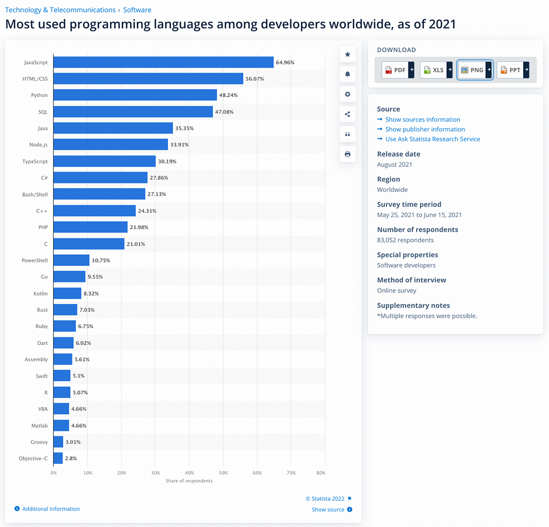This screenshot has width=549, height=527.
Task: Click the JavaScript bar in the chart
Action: pos(164,62)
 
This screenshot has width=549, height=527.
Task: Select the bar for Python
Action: pos(135,95)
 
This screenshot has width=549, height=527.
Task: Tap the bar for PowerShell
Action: pos(71,260)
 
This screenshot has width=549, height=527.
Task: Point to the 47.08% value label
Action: pos(225,112)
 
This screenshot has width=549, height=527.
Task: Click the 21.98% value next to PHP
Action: pos(139,227)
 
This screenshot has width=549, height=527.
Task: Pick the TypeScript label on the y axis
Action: pos(35,162)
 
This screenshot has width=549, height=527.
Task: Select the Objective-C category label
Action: pos(33,458)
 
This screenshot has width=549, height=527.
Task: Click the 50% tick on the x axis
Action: pos(223,473)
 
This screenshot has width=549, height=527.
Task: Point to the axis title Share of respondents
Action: pos(189,481)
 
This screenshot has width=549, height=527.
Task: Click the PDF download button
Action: pos(397,70)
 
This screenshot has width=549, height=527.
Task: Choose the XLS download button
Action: pos(436,70)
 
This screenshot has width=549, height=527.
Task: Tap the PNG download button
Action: pos(475,70)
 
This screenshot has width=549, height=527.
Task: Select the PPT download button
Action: pos(513,70)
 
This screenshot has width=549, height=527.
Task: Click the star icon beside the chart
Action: pos(348,54)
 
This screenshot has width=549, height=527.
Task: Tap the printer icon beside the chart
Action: pos(348,154)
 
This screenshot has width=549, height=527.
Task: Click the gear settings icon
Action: pos(348,95)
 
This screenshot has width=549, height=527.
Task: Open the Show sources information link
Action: pos(423,119)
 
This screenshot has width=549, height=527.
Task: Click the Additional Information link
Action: pos(51,509)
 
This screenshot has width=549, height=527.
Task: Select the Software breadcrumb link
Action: pos(137,10)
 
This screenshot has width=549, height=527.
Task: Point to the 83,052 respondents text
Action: pos(405,240)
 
